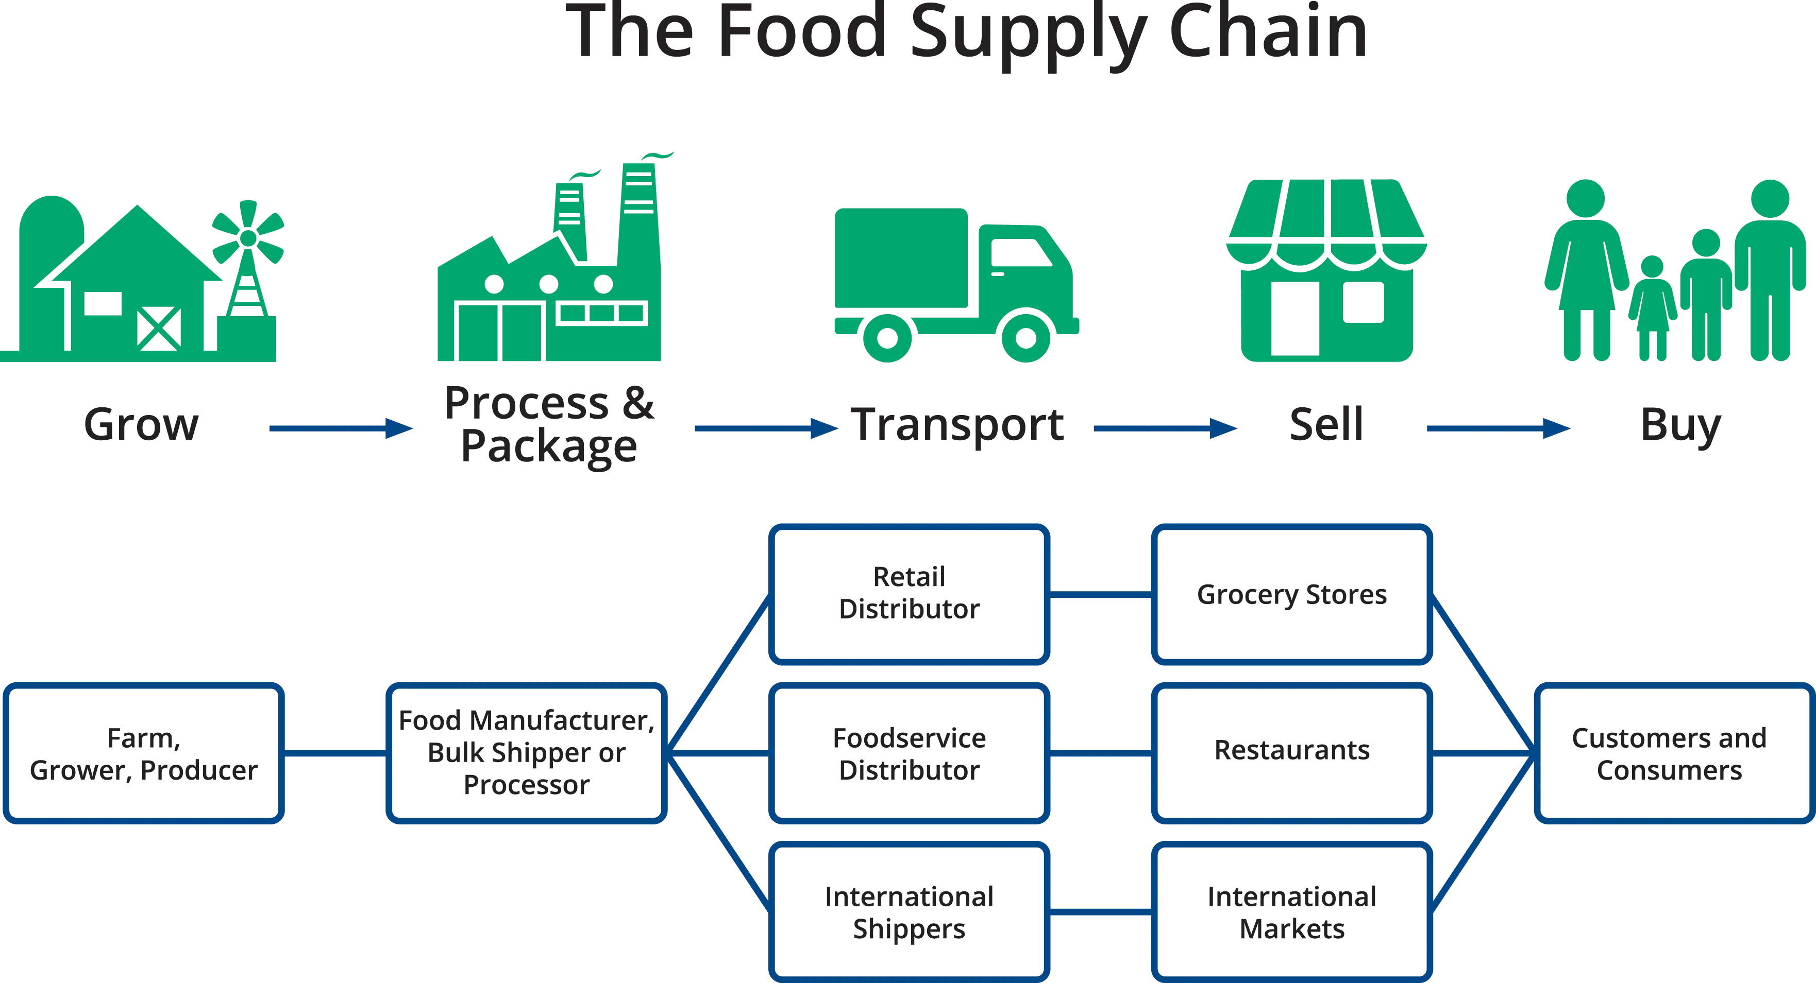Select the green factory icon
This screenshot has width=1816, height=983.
click(550, 282)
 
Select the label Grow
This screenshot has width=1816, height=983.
click(142, 424)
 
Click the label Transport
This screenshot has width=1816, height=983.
click(956, 424)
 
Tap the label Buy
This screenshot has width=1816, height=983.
click(1680, 424)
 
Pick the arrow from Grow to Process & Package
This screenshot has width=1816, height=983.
click(342, 428)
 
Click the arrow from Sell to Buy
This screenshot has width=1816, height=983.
click(1500, 428)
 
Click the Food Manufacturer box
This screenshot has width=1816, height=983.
click(527, 753)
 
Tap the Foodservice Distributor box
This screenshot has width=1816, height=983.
click(909, 753)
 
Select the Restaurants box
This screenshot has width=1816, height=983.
click(1292, 753)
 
